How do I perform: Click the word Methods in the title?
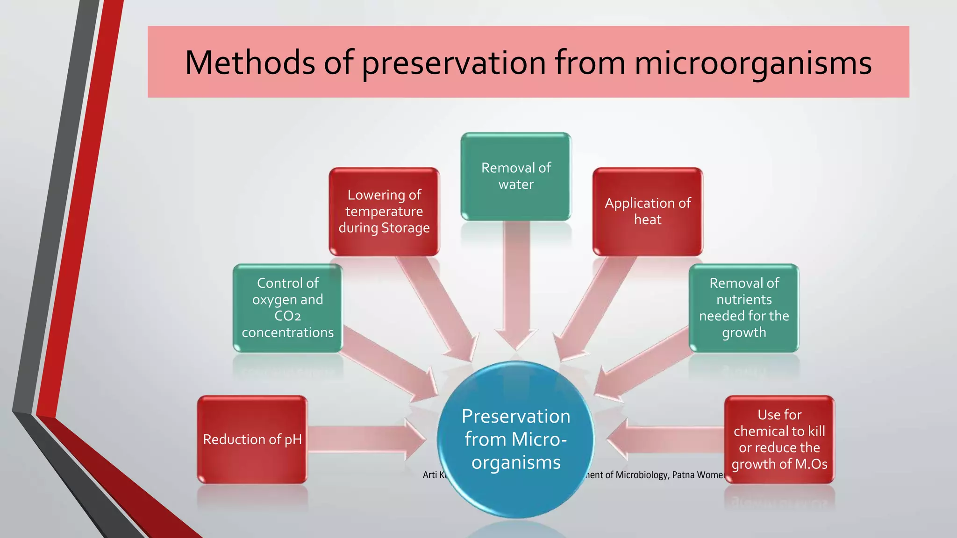pyautogui.click(x=250, y=63)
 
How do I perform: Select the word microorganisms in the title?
pyautogui.click(x=753, y=64)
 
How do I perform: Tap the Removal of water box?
pyautogui.click(x=516, y=176)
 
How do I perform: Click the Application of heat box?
pyautogui.click(x=648, y=212)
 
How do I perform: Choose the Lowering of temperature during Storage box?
pyautogui.click(x=384, y=212)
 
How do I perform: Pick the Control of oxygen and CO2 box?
pyautogui.click(x=288, y=308)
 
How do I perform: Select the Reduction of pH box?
pyautogui.click(x=252, y=439)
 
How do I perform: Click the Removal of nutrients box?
pyautogui.click(x=744, y=308)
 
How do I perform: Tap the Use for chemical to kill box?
pyautogui.click(x=779, y=439)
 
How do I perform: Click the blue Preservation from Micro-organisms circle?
pyautogui.click(x=516, y=439)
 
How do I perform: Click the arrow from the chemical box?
pyautogui.click(x=668, y=439)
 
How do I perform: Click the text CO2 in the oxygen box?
pyautogui.click(x=288, y=316)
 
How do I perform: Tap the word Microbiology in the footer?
pyautogui.click(x=642, y=475)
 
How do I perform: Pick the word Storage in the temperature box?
pyautogui.click(x=406, y=228)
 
